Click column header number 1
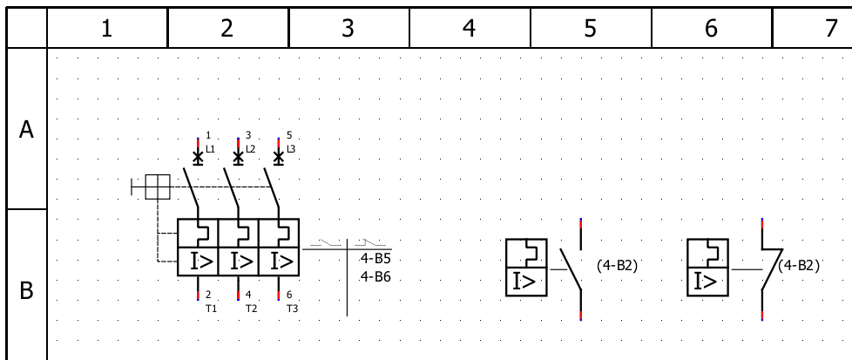pos(106,29)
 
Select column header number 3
pos(348,29)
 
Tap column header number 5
pos(590,29)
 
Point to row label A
pos(26,130)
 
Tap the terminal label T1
pos(211,308)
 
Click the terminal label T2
pos(251,308)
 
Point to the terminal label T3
pos(292,308)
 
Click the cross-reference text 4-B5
pos(375,259)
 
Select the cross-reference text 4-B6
pos(375,276)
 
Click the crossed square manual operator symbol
pos(158,186)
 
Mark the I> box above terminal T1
pos(198,260)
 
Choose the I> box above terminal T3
pos(279,260)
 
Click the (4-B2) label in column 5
pos(617,265)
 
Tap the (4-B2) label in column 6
pos(800,265)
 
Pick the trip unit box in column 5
pos(527,268)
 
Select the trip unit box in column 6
pos(708,268)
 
